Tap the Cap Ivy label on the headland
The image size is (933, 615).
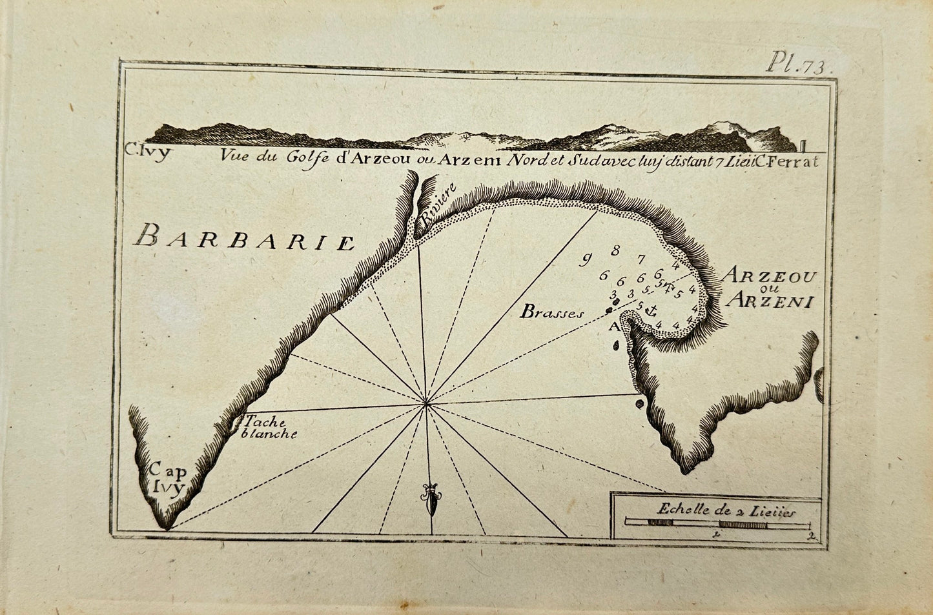point(164,478)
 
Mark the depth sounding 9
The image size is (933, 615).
point(586,260)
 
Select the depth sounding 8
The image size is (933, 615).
point(615,250)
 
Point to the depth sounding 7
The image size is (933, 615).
point(641,260)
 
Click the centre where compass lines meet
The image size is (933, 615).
point(425,404)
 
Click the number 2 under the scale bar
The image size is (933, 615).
point(810,536)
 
